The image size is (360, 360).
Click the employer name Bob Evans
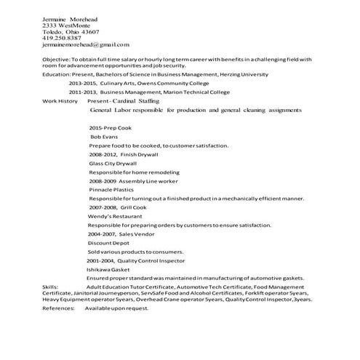[x=103, y=136]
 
